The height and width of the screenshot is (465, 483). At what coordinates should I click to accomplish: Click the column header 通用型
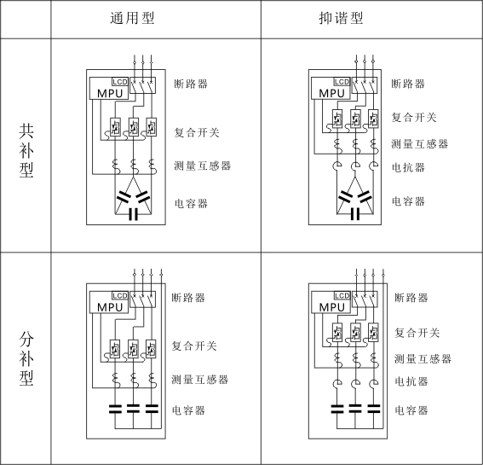click(132, 18)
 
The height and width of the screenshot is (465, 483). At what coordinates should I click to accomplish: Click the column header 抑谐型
click(341, 18)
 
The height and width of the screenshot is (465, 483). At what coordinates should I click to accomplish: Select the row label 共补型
click(26, 151)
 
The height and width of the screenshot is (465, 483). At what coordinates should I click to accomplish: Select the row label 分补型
click(26, 359)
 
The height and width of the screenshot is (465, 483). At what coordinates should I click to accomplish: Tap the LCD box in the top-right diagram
click(342, 82)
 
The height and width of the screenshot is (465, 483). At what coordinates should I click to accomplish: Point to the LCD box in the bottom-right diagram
click(342, 296)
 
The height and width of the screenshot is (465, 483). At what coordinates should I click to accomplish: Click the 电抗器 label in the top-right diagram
click(408, 167)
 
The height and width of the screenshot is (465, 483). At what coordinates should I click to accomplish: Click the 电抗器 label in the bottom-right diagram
click(411, 381)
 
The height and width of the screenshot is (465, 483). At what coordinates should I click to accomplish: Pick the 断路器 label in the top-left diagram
click(191, 84)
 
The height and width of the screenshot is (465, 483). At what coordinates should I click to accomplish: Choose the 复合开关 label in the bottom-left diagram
click(194, 346)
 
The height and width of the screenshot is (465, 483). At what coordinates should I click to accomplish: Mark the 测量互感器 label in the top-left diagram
click(203, 166)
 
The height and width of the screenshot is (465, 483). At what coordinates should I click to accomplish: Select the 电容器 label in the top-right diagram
click(408, 201)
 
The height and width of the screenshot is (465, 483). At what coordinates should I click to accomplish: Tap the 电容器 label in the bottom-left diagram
click(188, 410)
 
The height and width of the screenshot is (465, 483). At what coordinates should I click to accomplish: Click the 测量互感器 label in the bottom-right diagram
click(423, 359)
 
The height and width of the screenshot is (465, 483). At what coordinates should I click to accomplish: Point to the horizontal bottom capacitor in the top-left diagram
click(133, 214)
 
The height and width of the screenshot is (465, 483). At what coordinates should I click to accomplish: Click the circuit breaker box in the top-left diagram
click(142, 85)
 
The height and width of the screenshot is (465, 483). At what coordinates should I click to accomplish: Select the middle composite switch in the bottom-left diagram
click(133, 349)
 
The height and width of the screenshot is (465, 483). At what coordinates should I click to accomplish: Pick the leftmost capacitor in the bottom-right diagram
click(337, 409)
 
